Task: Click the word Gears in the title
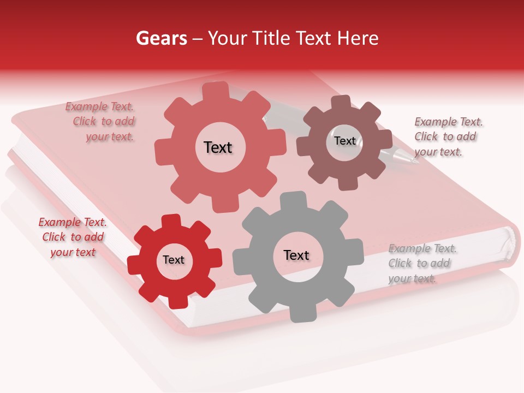coord(161,38)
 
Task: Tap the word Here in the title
coord(358,38)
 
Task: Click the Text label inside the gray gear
coord(296,255)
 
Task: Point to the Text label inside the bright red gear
coord(174,260)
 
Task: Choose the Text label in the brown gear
coord(345,141)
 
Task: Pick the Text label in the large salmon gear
coord(218,147)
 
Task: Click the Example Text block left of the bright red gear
coord(73,237)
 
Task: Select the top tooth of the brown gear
coord(341,102)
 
